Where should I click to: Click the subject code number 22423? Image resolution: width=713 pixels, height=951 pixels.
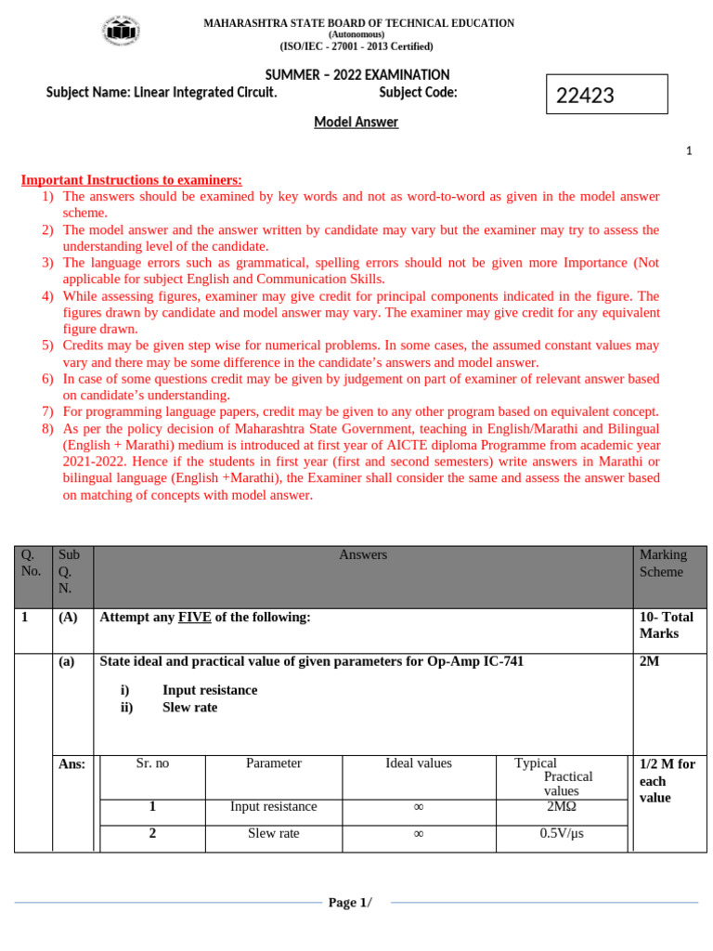point(586,95)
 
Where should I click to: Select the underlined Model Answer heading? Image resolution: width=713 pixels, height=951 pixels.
point(356,122)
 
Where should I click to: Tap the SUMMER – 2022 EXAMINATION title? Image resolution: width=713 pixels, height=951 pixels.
point(357,75)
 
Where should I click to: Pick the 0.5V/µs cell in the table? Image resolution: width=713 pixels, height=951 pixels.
point(562,833)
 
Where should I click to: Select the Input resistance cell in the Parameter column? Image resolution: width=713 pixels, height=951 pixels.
point(274,806)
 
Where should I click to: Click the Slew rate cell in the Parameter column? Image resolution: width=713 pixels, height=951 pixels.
point(274,833)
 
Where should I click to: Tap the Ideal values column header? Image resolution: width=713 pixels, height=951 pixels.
point(419,763)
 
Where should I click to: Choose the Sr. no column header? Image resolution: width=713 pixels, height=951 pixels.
point(152,763)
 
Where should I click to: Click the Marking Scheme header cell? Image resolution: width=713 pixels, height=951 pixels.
point(663,563)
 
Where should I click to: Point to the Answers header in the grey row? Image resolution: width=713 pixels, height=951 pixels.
point(363,554)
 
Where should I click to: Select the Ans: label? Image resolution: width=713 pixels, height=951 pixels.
point(71,764)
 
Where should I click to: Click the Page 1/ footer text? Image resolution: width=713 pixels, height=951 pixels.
point(356,903)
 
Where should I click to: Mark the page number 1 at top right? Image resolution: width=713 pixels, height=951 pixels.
point(690,150)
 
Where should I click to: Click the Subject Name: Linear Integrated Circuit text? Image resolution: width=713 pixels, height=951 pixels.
point(162,93)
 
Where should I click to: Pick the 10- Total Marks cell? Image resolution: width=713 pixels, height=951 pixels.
point(666,625)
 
